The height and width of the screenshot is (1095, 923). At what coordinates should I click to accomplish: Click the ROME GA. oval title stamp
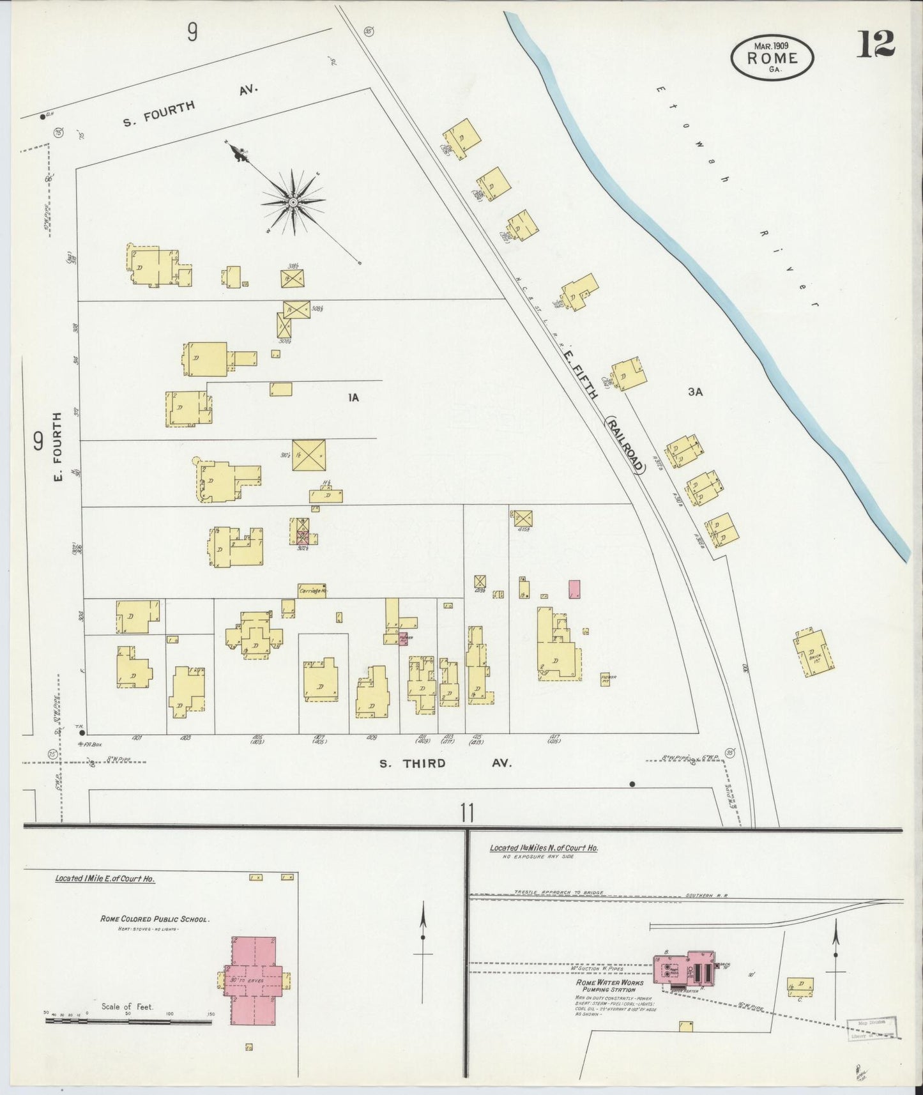[773, 57]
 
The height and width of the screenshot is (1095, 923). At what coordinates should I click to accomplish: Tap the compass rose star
[293, 203]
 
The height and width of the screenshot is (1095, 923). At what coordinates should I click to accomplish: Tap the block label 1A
[353, 397]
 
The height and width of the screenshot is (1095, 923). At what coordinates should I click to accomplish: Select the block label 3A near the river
[695, 392]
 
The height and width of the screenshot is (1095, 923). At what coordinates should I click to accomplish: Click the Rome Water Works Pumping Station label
[606, 986]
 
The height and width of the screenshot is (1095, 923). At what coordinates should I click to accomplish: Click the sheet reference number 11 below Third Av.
[467, 813]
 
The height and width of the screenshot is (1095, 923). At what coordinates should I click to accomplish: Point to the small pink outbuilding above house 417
[574, 588]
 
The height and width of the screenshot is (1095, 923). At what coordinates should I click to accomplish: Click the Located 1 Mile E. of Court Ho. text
[105, 878]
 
